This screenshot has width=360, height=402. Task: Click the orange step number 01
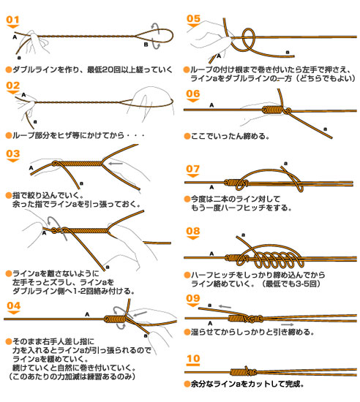coord(12,20)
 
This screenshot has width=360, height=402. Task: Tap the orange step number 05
coord(193,18)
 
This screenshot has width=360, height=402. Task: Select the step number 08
coord(193,231)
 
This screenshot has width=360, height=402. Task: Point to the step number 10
coord(193,358)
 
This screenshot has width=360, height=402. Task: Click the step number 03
coord(13,153)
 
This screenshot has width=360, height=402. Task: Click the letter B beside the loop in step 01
coord(146,45)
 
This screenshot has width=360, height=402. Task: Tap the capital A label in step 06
coord(211,105)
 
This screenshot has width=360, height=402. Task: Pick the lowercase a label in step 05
coord(288,53)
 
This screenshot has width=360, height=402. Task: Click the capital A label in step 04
coord(87,314)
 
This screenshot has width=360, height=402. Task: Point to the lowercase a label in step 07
coord(285,163)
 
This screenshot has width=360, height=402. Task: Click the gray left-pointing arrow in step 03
coord(116,164)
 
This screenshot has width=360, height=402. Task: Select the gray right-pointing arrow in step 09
coord(287,325)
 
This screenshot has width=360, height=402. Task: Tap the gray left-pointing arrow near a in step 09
coord(225,306)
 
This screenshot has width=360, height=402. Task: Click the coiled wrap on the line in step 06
coord(272,110)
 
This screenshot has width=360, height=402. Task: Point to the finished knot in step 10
coord(243,371)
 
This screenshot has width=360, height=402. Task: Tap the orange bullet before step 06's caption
coord(187,136)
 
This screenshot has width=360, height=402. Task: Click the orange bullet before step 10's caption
coord(187,384)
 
